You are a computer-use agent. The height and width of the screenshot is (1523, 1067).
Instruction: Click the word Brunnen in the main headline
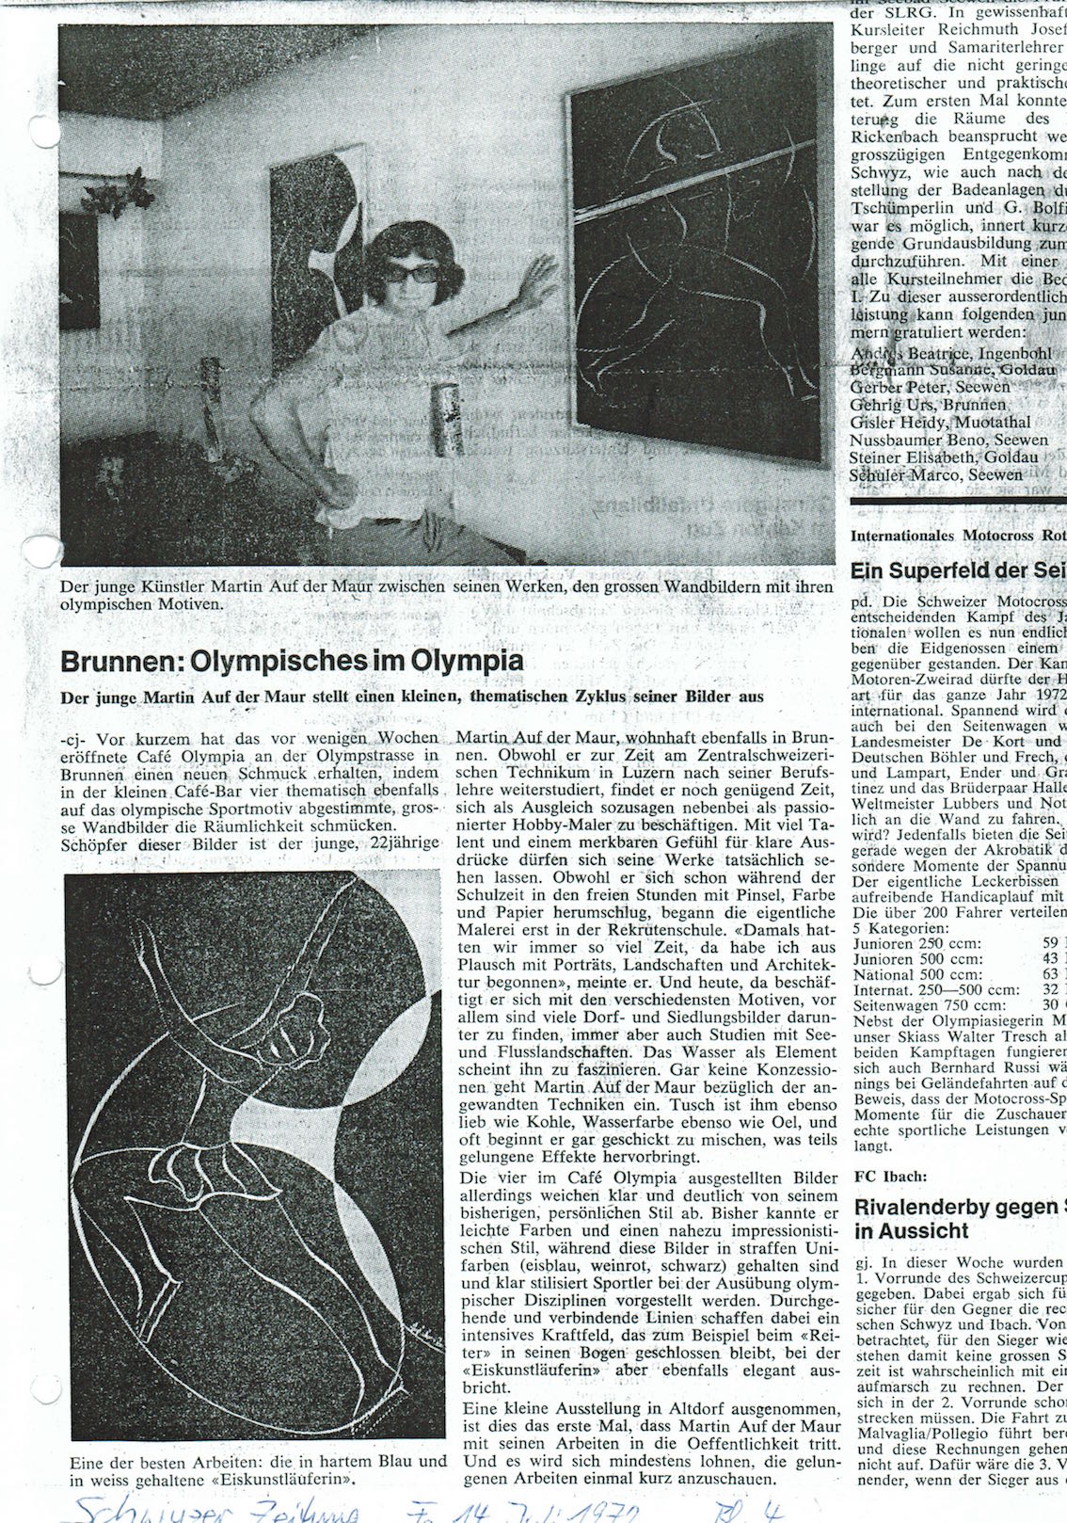click(120, 660)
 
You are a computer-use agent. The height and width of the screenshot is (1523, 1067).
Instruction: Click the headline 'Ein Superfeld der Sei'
click(958, 570)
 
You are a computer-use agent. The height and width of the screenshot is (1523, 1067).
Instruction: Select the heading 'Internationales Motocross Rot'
click(958, 537)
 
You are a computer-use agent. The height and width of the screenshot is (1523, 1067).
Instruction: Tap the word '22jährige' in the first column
click(404, 842)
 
